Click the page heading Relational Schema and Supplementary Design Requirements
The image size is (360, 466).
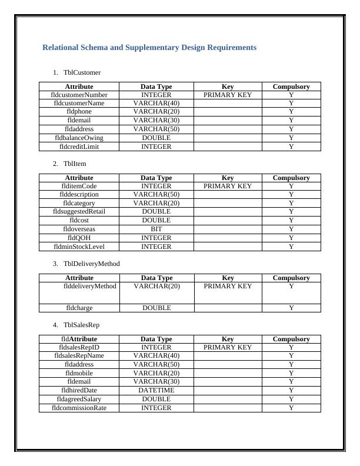pyautogui.click(x=149, y=48)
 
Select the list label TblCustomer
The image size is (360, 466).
pyautogui.click(x=82, y=72)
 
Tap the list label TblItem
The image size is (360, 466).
pyautogui.click(x=75, y=164)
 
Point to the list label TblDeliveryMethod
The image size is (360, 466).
pyautogui.click(x=91, y=264)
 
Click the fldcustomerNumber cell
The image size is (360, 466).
pyautogui.click(x=79, y=94)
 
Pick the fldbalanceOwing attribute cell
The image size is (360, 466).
pyautogui.click(x=79, y=138)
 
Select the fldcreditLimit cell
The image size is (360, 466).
pyautogui.click(x=79, y=147)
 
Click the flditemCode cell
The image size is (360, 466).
pyautogui.click(x=79, y=186)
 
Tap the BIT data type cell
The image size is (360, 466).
pyautogui.click(x=156, y=229)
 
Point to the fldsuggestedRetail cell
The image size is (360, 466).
pyautogui.click(x=79, y=211)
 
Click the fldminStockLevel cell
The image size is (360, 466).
pyautogui.click(x=79, y=247)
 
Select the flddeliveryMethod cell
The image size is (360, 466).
pyautogui.click(x=89, y=287)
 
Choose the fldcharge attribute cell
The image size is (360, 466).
pyautogui.click(x=79, y=308)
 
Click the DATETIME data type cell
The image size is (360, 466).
pyautogui.click(x=156, y=390)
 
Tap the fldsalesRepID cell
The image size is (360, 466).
pyautogui.click(x=79, y=347)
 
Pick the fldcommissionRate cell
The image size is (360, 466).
pyautogui.click(x=79, y=408)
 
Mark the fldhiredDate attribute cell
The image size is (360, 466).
pyautogui.click(x=79, y=390)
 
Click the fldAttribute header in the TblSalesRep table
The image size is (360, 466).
pyautogui.click(x=79, y=339)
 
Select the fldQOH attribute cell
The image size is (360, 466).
pyautogui.click(x=79, y=238)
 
